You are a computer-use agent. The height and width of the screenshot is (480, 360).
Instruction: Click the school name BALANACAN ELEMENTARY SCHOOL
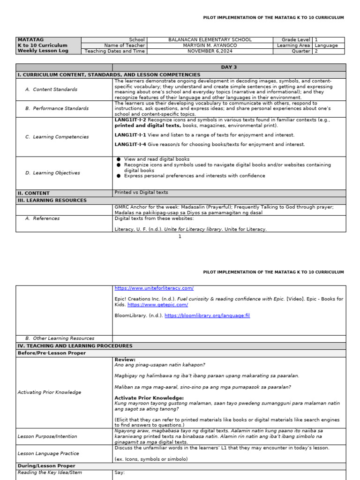point(210,40)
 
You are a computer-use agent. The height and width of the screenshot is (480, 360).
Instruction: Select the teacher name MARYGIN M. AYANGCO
point(210,45)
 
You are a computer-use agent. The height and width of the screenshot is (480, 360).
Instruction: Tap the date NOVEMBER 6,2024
point(210,51)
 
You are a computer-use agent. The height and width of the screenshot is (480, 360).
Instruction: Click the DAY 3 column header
point(229,67)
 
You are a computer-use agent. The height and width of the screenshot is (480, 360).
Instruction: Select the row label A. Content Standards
point(52,89)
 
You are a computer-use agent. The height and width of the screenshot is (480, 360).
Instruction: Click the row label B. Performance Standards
point(57,108)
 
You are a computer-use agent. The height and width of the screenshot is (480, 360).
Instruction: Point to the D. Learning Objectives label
point(52,173)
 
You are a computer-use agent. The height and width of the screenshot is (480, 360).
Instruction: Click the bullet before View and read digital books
point(119,159)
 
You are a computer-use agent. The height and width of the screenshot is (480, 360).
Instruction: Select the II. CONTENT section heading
point(33,193)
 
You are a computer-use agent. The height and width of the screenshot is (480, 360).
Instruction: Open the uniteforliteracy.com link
point(154,288)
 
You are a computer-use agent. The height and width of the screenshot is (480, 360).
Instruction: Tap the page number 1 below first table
point(180,237)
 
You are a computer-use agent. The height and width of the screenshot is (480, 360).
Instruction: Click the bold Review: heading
point(125,360)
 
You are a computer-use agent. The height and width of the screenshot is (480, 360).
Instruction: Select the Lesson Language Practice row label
point(48,454)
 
